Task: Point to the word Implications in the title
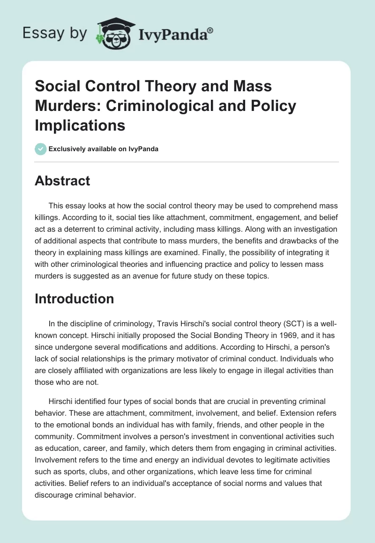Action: (x=80, y=125)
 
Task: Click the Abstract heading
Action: (x=62, y=181)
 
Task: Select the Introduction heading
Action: (x=74, y=299)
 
